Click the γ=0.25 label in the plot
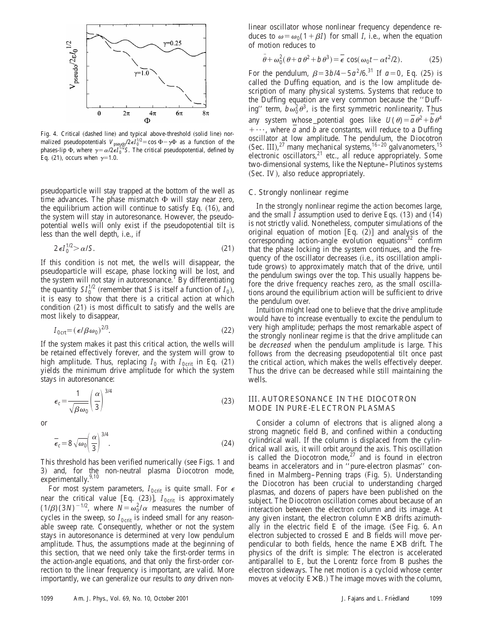click(172, 44)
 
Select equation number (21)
click(227, 248)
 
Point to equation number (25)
click(436, 59)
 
